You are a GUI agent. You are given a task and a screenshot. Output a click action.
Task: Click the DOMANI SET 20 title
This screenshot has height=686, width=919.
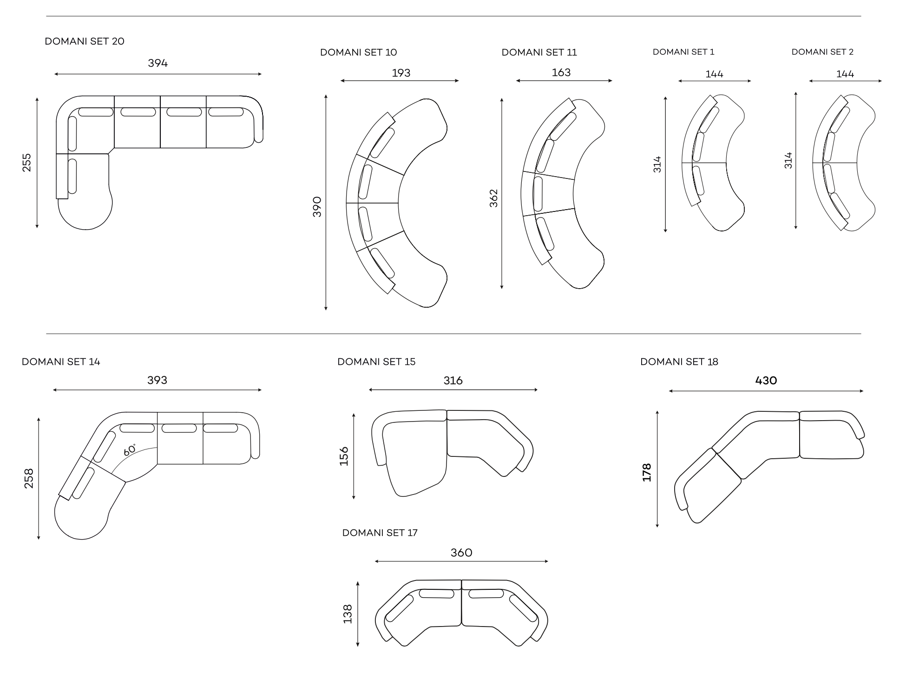pyautogui.click(x=85, y=41)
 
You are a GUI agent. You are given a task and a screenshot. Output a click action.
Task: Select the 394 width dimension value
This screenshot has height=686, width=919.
pyautogui.click(x=158, y=63)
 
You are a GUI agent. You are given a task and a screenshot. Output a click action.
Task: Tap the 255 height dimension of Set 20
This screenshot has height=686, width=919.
pyautogui.click(x=27, y=163)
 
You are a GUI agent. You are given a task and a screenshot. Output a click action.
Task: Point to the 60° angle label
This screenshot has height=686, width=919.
pyautogui.click(x=130, y=450)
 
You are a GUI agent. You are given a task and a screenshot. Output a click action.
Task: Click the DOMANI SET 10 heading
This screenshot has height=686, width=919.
pyautogui.click(x=359, y=53)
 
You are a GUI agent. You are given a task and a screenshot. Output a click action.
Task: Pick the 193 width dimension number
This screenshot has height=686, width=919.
pyautogui.click(x=401, y=73)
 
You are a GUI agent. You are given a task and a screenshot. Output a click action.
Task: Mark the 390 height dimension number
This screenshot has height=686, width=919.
pyautogui.click(x=317, y=207)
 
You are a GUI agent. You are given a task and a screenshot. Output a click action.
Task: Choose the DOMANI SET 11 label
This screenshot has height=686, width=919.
pyautogui.click(x=539, y=53)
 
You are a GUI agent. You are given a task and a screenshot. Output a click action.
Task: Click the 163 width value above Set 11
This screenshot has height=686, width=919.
pyautogui.click(x=561, y=73)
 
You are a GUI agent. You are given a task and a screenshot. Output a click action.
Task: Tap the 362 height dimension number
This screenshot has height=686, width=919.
pyautogui.click(x=493, y=198)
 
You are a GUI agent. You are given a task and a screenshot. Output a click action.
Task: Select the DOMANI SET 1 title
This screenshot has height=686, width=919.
pyautogui.click(x=683, y=52)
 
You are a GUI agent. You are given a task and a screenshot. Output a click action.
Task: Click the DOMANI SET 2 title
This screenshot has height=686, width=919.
pyautogui.click(x=822, y=52)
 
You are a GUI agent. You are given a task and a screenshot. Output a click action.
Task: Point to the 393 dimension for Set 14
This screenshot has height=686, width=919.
pyautogui.click(x=158, y=380)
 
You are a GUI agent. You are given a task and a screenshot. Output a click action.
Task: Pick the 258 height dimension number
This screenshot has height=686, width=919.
pyautogui.click(x=29, y=478)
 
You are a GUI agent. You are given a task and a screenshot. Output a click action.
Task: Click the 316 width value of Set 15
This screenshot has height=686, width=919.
pyautogui.click(x=453, y=381)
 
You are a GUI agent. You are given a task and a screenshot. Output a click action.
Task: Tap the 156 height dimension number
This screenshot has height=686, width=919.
pyautogui.click(x=344, y=456)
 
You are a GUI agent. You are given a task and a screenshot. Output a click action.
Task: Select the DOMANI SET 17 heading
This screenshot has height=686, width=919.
pyautogui.click(x=380, y=533)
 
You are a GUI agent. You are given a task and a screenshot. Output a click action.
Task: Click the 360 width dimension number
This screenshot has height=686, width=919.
pyautogui.click(x=461, y=553)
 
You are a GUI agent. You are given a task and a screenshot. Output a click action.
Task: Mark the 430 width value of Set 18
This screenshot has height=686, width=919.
pyautogui.click(x=766, y=381)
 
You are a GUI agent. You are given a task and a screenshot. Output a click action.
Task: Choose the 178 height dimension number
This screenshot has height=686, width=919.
pyautogui.click(x=647, y=472)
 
